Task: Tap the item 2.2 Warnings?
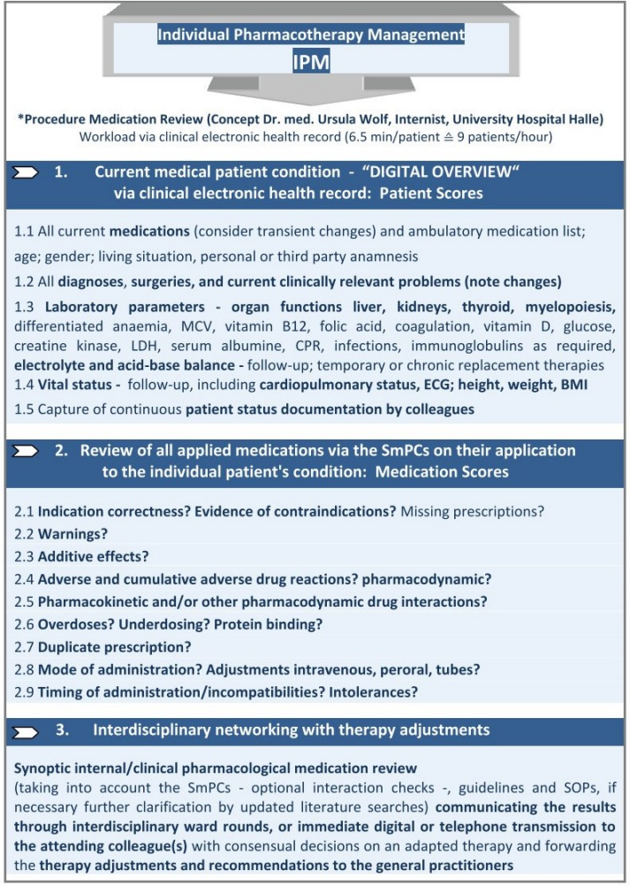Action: click(61, 534)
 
